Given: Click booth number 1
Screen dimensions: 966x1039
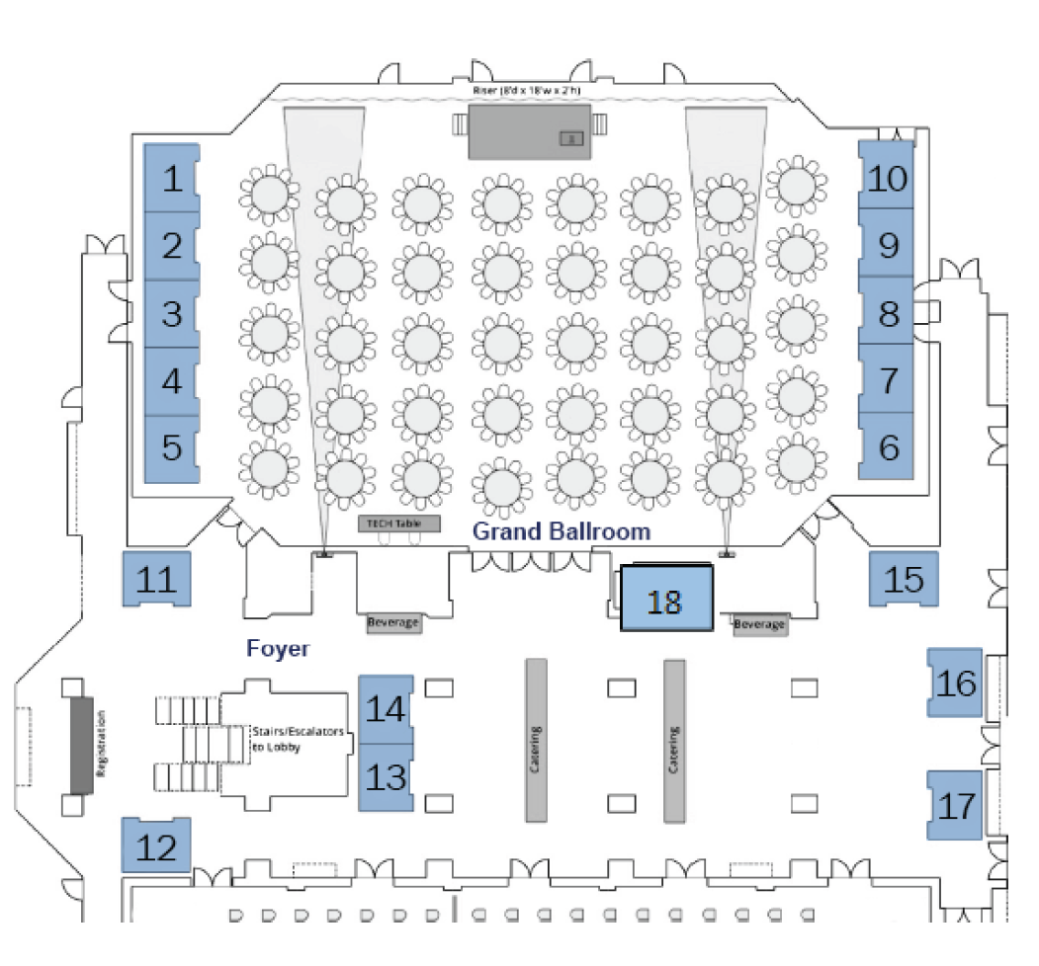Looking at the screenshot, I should (x=172, y=179).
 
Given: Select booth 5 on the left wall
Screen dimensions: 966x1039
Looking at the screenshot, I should (x=172, y=447).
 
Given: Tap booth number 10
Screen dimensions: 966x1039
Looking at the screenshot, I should (x=887, y=178).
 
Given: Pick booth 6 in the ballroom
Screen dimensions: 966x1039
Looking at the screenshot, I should (x=888, y=447).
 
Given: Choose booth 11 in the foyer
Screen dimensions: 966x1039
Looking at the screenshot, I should (x=156, y=580).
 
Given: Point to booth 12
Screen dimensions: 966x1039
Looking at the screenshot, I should (x=155, y=845).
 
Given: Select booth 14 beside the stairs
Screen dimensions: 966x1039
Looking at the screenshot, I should (x=385, y=708).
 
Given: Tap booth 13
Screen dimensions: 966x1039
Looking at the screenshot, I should (x=385, y=776).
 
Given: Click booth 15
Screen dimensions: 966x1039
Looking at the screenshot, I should (x=904, y=580).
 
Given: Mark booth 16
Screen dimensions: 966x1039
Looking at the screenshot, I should (x=955, y=683).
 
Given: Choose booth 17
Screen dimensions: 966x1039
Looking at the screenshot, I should (x=955, y=806).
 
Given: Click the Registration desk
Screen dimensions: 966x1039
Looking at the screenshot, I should (x=81, y=744).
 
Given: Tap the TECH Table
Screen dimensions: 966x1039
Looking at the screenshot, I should (x=398, y=523).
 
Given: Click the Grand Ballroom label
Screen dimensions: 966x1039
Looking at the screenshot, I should (x=562, y=531).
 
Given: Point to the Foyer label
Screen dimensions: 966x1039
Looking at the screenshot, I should (x=278, y=649).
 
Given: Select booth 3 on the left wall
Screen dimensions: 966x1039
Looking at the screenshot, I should (x=172, y=313).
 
